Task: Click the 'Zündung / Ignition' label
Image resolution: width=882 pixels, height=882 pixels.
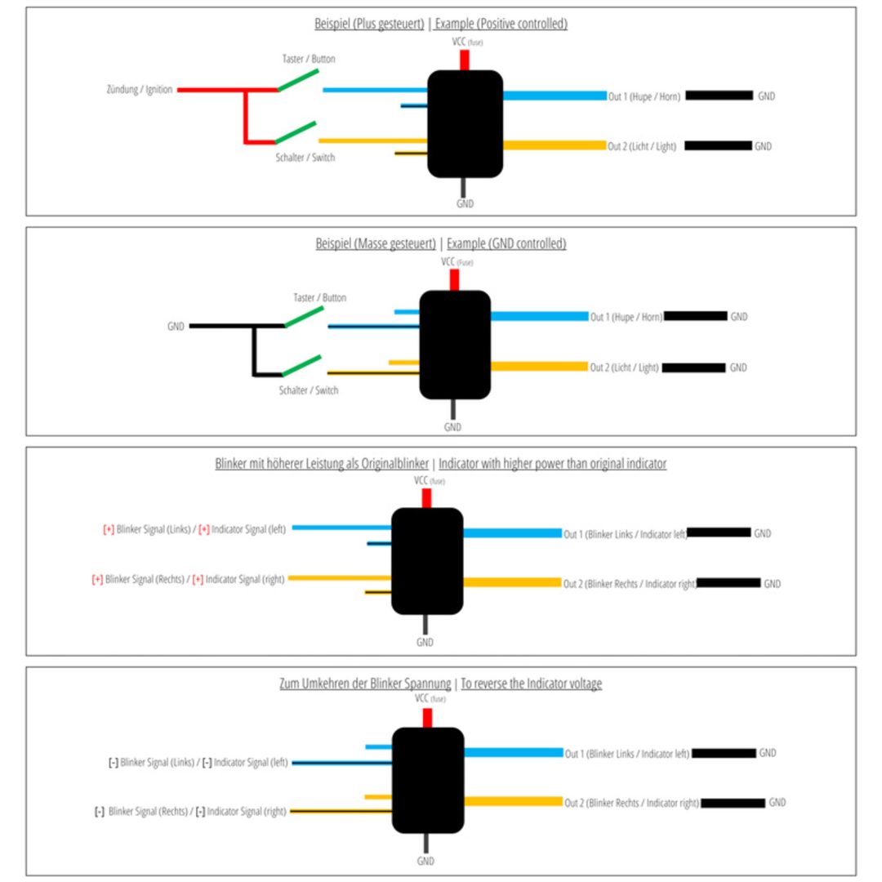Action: point(140,90)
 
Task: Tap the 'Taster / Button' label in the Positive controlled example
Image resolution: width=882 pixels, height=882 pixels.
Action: point(308,59)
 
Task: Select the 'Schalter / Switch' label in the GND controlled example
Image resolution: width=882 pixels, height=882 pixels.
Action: point(308,390)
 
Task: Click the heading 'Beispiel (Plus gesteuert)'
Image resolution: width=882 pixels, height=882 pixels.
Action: point(369,24)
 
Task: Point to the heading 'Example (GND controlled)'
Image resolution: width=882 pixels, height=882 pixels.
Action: point(506,243)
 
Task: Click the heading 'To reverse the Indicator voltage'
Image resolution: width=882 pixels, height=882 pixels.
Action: point(531,684)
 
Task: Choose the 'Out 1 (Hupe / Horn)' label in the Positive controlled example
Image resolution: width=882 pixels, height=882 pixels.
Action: point(644,96)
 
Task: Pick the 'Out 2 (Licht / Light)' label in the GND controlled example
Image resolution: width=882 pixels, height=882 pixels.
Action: point(624,367)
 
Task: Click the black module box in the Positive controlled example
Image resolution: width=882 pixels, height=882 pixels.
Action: point(465,124)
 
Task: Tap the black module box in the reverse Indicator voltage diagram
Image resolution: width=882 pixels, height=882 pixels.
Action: point(428,780)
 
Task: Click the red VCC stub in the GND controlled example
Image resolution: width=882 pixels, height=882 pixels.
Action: point(454,279)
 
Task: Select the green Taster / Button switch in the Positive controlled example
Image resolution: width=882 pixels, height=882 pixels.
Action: point(298,80)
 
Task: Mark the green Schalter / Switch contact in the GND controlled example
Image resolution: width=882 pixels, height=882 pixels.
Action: point(301,366)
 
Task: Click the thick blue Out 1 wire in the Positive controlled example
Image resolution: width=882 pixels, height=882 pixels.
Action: point(555,96)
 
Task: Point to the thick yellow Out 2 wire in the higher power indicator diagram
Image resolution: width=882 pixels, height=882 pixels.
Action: point(512,582)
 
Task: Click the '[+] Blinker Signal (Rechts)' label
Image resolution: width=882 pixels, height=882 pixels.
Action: point(138,579)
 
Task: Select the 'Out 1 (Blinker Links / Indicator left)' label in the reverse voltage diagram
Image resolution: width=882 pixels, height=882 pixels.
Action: point(626,754)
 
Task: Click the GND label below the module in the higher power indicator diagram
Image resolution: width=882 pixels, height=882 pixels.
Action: point(425,643)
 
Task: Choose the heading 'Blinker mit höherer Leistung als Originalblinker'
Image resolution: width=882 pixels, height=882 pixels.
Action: point(322,464)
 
